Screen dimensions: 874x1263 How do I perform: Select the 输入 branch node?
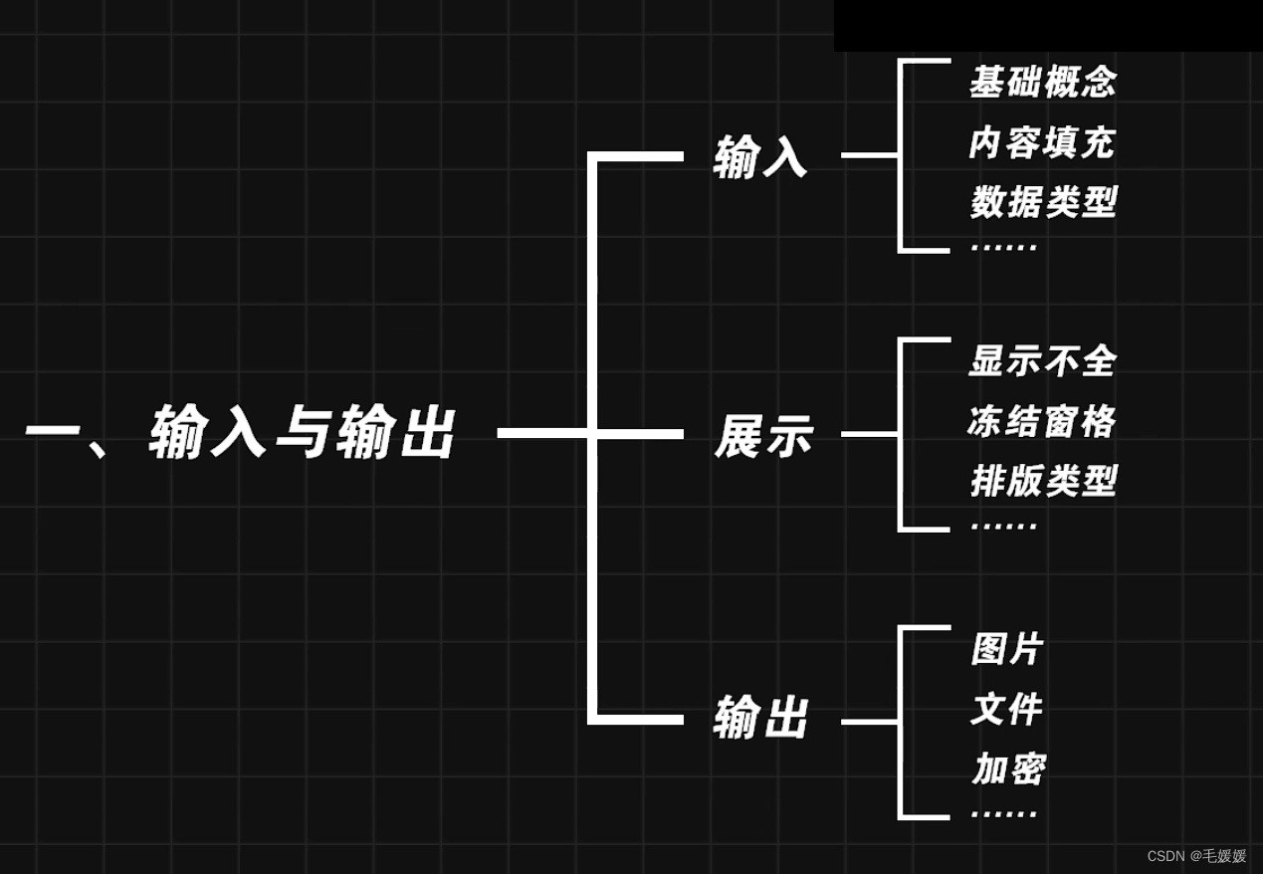point(759,157)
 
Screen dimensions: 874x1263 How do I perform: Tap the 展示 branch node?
point(763,436)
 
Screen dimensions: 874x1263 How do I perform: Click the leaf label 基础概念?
point(1043,83)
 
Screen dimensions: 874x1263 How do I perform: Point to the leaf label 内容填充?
point(1042,143)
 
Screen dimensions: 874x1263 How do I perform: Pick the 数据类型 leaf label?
point(1043,203)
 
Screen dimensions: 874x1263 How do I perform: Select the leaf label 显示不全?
point(1043,361)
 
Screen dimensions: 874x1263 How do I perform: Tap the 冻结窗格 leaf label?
point(1042,422)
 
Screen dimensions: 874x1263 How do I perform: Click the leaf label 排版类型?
point(1043,482)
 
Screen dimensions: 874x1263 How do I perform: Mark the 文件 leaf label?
point(1006,710)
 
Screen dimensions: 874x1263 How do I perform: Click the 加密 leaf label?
point(1008,769)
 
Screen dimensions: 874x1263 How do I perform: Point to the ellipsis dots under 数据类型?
point(1003,246)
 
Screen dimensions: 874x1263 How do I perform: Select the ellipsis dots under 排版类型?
point(1003,526)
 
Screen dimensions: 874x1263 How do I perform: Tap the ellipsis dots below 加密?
point(1003,813)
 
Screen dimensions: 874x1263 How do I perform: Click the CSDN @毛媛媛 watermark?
point(1196,856)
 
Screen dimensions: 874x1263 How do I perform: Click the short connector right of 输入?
point(869,155)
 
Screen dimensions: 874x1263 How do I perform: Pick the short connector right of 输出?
point(869,721)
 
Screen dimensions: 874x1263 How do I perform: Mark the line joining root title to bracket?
point(542,433)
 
